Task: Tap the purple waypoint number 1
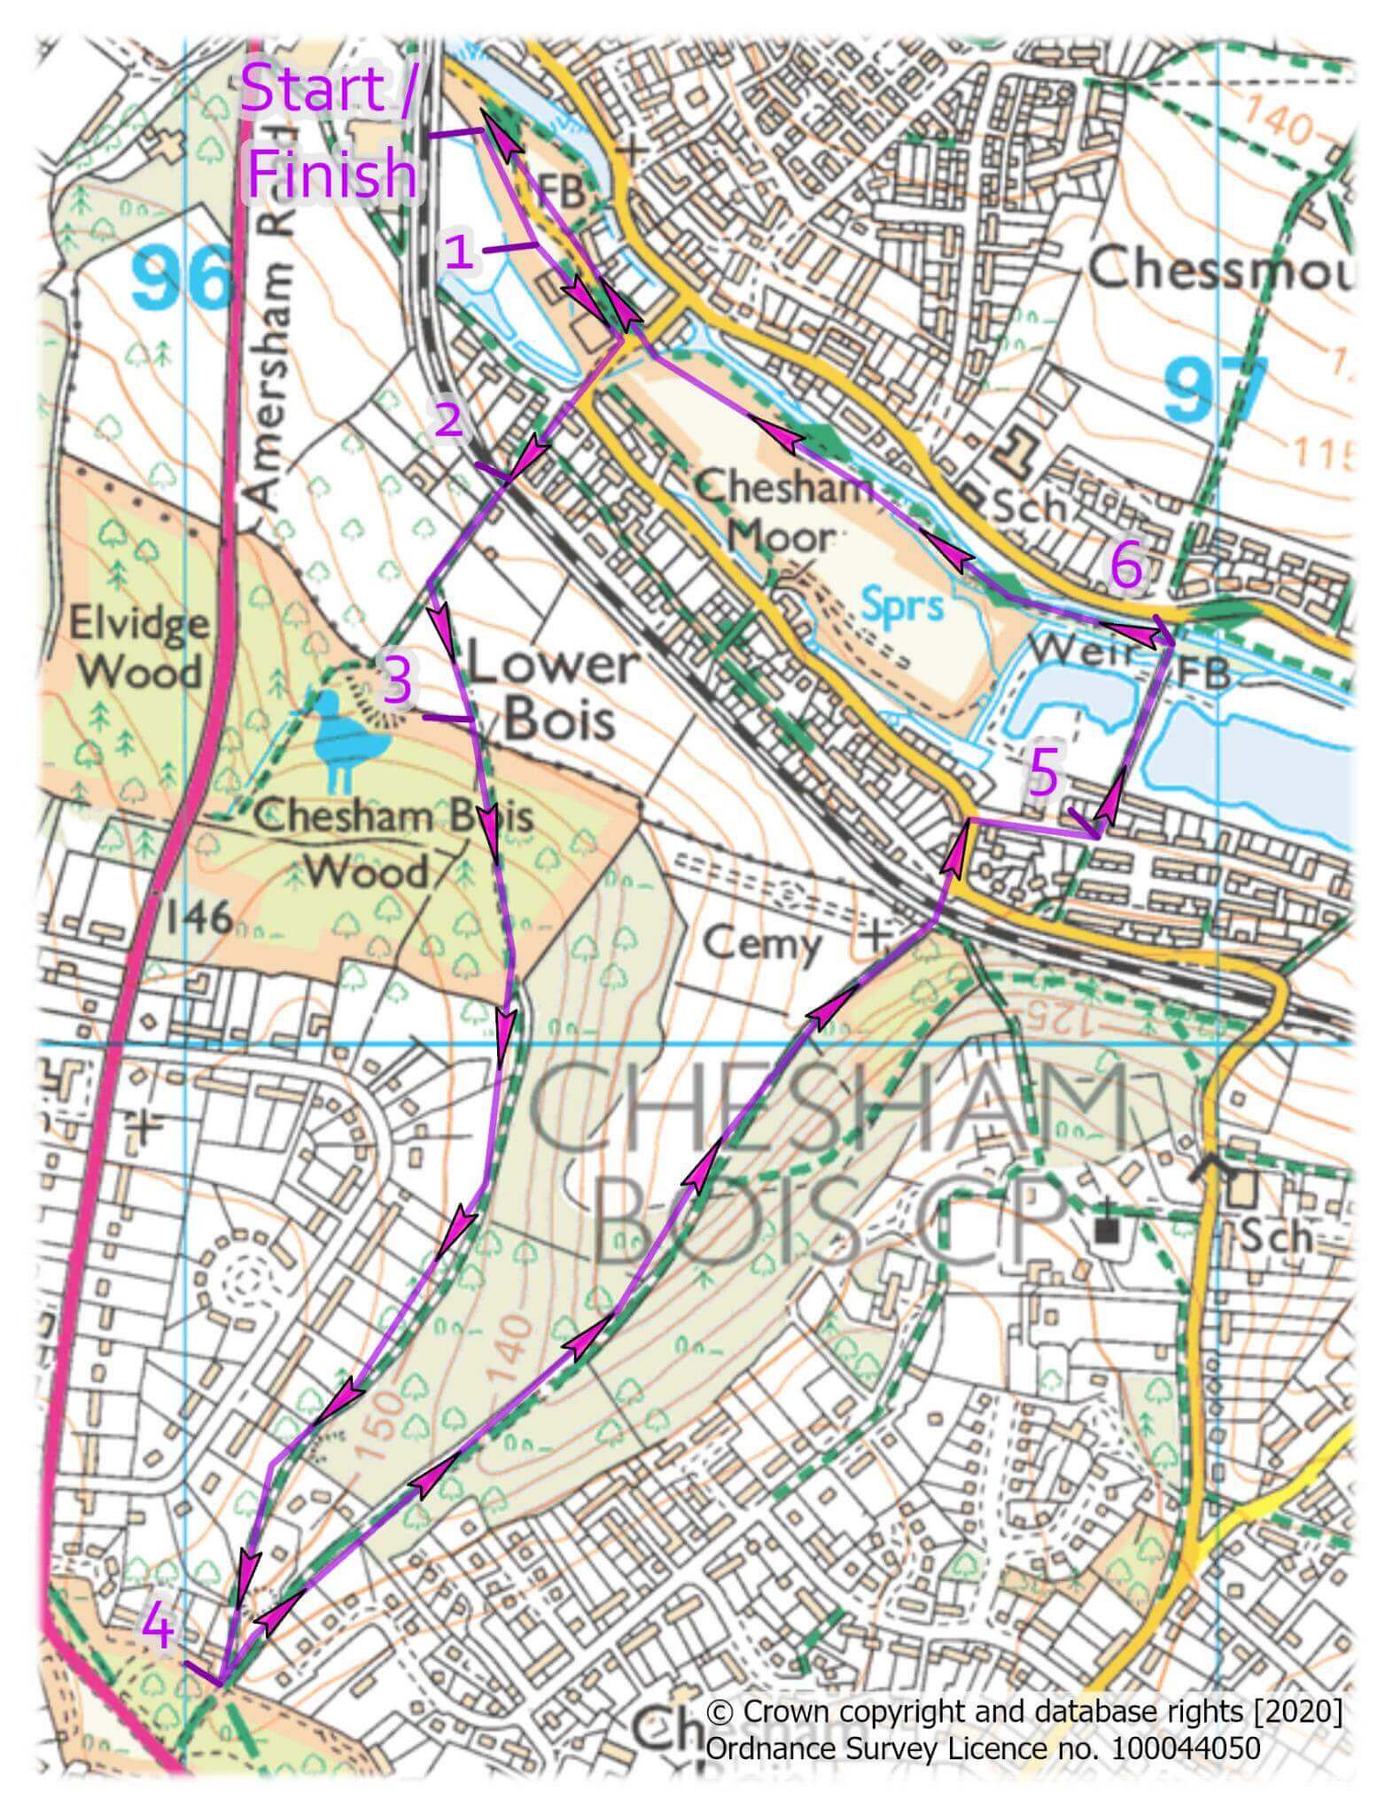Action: click(x=458, y=253)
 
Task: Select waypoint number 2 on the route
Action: click(x=447, y=418)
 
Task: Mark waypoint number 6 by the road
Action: click(x=1126, y=567)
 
